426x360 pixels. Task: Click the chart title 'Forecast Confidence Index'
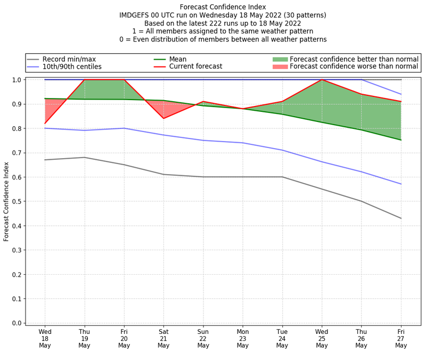click(223, 7)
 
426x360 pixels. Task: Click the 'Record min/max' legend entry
click(69, 59)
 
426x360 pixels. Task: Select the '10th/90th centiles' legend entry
click(72, 67)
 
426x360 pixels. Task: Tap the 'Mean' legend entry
click(178, 59)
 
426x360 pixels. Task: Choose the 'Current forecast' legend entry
click(195, 67)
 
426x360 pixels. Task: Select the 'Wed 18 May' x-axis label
click(45, 338)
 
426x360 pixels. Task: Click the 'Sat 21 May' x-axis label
click(163, 338)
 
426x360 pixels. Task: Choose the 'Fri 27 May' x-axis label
click(401, 338)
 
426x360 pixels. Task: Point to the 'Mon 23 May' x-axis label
click(243, 338)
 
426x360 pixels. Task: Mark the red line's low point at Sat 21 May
click(163, 118)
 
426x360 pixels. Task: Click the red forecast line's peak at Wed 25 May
click(322, 80)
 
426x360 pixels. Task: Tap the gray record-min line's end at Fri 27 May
click(401, 218)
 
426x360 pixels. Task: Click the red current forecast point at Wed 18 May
click(45, 124)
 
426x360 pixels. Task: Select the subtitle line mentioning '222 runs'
click(223, 23)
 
